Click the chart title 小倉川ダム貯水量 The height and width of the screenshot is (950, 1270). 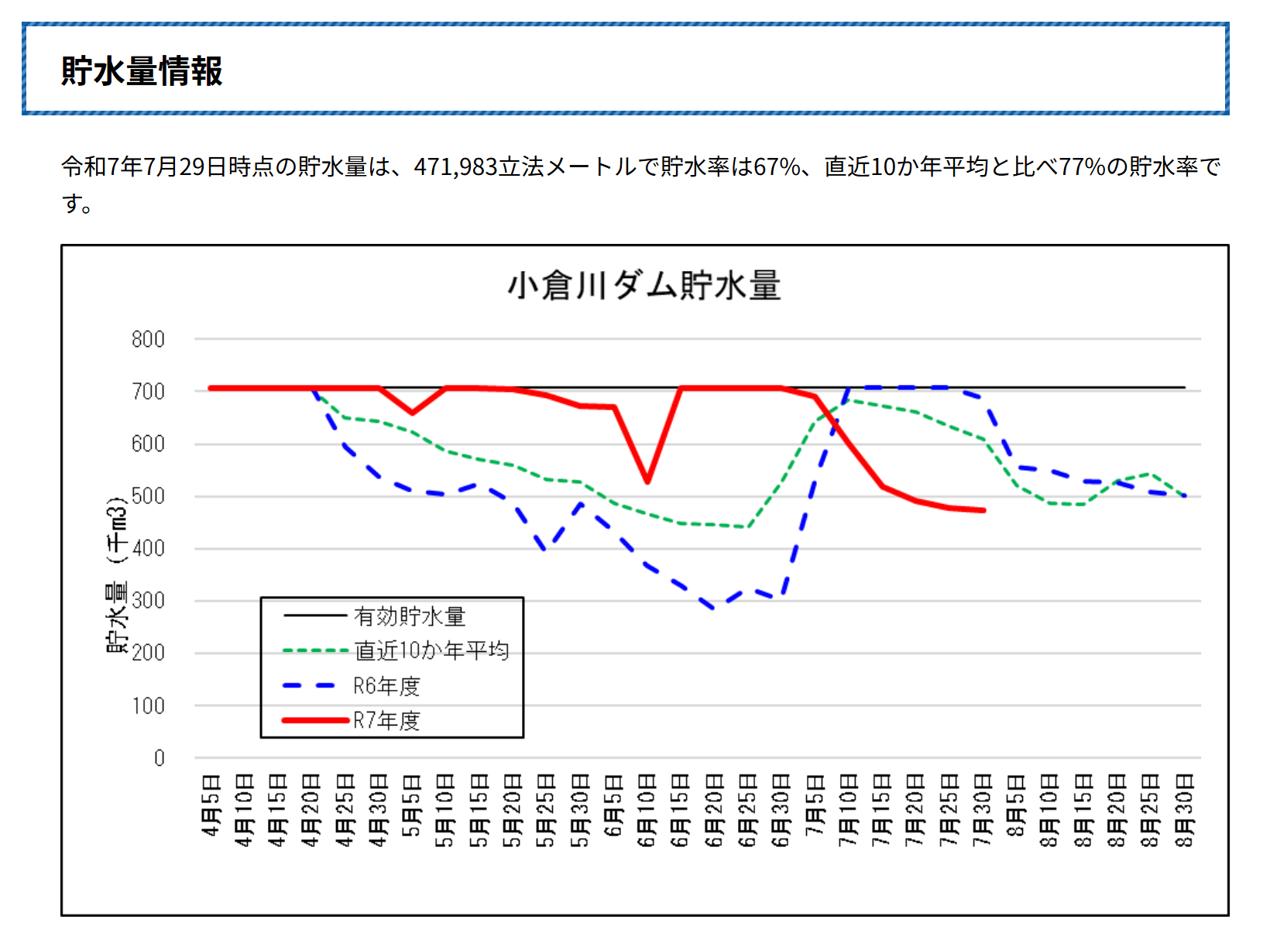click(644, 286)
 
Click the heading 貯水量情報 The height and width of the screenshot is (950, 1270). click(142, 70)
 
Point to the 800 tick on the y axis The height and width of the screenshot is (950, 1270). click(148, 339)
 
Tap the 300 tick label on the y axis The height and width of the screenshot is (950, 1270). click(148, 601)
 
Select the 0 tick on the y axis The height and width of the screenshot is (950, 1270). click(159, 758)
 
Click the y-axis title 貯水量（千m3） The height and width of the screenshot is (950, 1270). click(116, 574)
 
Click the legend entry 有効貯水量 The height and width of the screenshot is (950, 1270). click(410, 616)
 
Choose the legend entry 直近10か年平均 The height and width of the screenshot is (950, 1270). click(431, 650)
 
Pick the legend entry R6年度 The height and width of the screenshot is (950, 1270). click(386, 686)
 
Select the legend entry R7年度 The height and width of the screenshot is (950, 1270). click(386, 721)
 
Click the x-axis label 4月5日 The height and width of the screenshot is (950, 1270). click(211, 805)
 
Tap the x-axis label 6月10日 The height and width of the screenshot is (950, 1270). click(647, 810)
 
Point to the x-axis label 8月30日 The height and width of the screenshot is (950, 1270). click(1184, 810)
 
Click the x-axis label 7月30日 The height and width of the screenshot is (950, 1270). click(983, 810)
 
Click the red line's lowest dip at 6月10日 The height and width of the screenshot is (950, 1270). click(647, 482)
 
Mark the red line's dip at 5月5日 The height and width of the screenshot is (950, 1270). click(412, 413)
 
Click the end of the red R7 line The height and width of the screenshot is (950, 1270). click(983, 510)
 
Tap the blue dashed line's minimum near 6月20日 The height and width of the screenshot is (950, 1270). click(714, 609)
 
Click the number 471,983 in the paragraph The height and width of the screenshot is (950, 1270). click(455, 166)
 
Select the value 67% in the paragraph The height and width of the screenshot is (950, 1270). click(777, 166)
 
